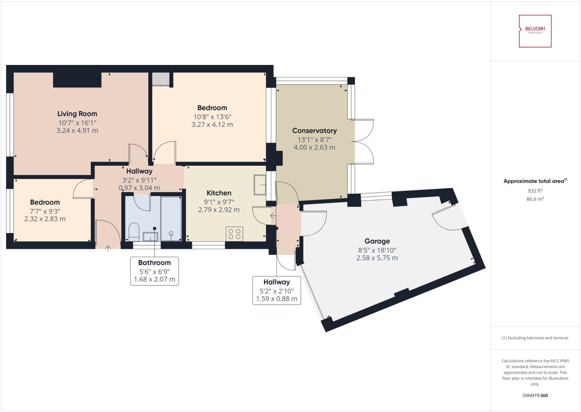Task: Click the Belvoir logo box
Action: click(x=535, y=31)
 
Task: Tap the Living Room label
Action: click(x=77, y=114)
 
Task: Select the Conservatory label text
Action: click(x=314, y=131)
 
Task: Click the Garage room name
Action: click(x=377, y=241)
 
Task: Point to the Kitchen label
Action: click(x=219, y=193)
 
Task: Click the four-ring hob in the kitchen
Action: click(x=234, y=234)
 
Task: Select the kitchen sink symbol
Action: click(x=259, y=185)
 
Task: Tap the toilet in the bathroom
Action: click(x=134, y=231)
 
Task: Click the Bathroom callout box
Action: click(x=154, y=271)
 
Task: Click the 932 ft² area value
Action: click(x=535, y=191)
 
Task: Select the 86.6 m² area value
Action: click(x=535, y=199)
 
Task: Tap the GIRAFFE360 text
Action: click(x=535, y=395)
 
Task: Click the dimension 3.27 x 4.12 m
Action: click(x=212, y=125)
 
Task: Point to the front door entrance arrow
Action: click(x=108, y=248)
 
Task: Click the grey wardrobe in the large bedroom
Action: click(x=161, y=79)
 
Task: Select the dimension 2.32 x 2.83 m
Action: click(x=45, y=219)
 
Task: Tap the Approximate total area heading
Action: click(x=535, y=181)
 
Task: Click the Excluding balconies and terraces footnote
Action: click(x=535, y=338)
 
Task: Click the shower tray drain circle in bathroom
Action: click(x=171, y=233)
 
